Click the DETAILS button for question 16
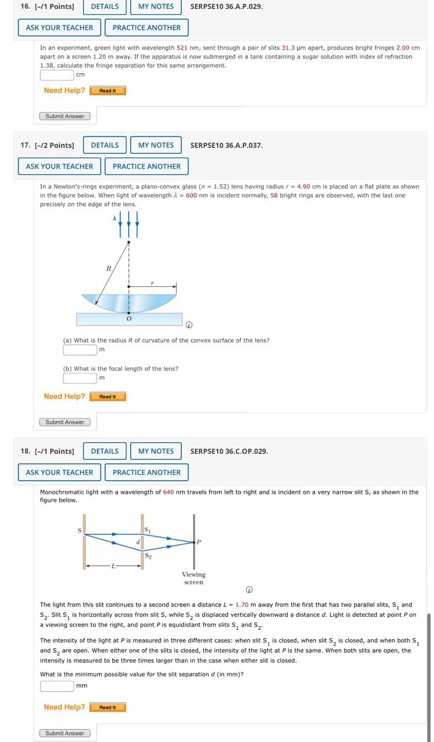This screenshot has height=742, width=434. [105, 7]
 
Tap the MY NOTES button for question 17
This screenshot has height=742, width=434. [156, 145]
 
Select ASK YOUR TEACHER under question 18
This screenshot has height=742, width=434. [60, 473]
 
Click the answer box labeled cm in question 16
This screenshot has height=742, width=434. [57, 75]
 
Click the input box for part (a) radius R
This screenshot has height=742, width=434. [80, 350]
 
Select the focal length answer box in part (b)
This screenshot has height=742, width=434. [80, 378]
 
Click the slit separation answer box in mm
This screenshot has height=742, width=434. [57, 686]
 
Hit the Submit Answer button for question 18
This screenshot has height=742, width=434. [65, 733]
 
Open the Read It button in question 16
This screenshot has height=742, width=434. [108, 91]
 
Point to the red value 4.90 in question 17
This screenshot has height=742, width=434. [303, 187]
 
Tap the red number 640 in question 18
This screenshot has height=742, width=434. [168, 492]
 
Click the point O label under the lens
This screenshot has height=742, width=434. [129, 319]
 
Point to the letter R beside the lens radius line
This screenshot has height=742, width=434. [109, 268]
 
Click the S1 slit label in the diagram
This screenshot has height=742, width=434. [148, 530]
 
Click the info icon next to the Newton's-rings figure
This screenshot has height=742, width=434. [189, 325]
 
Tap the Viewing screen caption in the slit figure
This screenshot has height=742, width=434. [194, 578]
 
